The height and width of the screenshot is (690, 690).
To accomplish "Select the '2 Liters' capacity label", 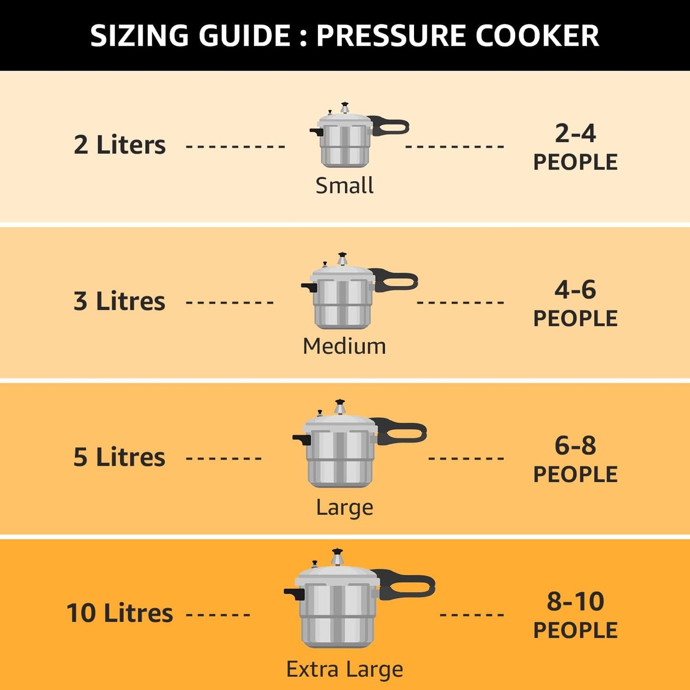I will (119, 145).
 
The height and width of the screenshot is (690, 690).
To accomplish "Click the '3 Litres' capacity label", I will (119, 301).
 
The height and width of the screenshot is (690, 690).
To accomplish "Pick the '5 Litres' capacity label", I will (119, 457).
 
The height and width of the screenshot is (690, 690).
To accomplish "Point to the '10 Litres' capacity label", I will (119, 613).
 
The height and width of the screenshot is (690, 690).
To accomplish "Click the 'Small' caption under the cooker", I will (344, 185).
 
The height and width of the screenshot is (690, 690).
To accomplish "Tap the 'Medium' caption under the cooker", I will (344, 346).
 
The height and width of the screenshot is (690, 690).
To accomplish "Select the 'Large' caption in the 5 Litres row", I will (344, 507).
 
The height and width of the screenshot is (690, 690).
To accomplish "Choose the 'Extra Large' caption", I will (344, 669).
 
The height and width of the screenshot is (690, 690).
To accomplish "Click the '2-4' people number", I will (575, 133).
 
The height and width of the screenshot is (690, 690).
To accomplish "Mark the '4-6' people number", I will (575, 289).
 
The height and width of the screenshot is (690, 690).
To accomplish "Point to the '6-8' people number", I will (575, 446).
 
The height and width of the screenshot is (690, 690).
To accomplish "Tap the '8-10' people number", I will (575, 601).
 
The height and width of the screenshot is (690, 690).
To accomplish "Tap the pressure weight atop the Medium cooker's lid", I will (342, 259).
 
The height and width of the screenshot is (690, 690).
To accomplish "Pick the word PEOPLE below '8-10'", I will (575, 630).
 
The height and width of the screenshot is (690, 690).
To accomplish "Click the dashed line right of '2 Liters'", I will (235, 146).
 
